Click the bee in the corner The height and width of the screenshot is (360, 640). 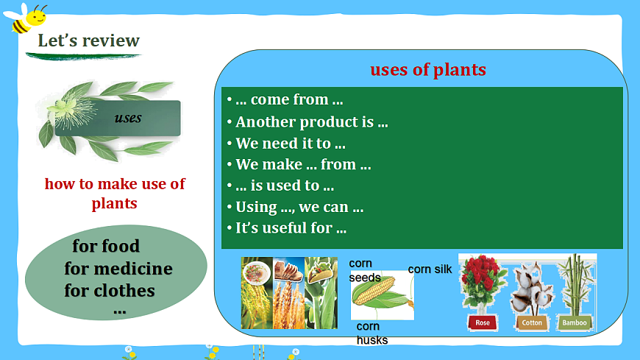pos(26,18)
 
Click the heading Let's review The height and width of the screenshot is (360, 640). pos(88,40)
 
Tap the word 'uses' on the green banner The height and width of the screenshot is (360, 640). pos(128,118)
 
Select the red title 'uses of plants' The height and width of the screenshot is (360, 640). pos(428,69)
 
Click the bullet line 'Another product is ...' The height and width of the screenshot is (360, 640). pos(311,121)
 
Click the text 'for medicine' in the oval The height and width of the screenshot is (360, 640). pos(118,269)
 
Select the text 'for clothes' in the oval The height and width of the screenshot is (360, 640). pos(110,291)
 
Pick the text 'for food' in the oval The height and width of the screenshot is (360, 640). pos(106,246)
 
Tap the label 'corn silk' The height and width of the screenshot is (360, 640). pos(430,269)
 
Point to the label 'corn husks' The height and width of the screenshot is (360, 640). pos(371,333)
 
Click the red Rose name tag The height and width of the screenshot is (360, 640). pos(483,322)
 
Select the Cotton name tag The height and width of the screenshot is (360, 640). pos(532,322)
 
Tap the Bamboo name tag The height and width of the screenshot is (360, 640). pos(575,322)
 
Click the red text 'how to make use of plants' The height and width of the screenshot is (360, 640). pos(115,194)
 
